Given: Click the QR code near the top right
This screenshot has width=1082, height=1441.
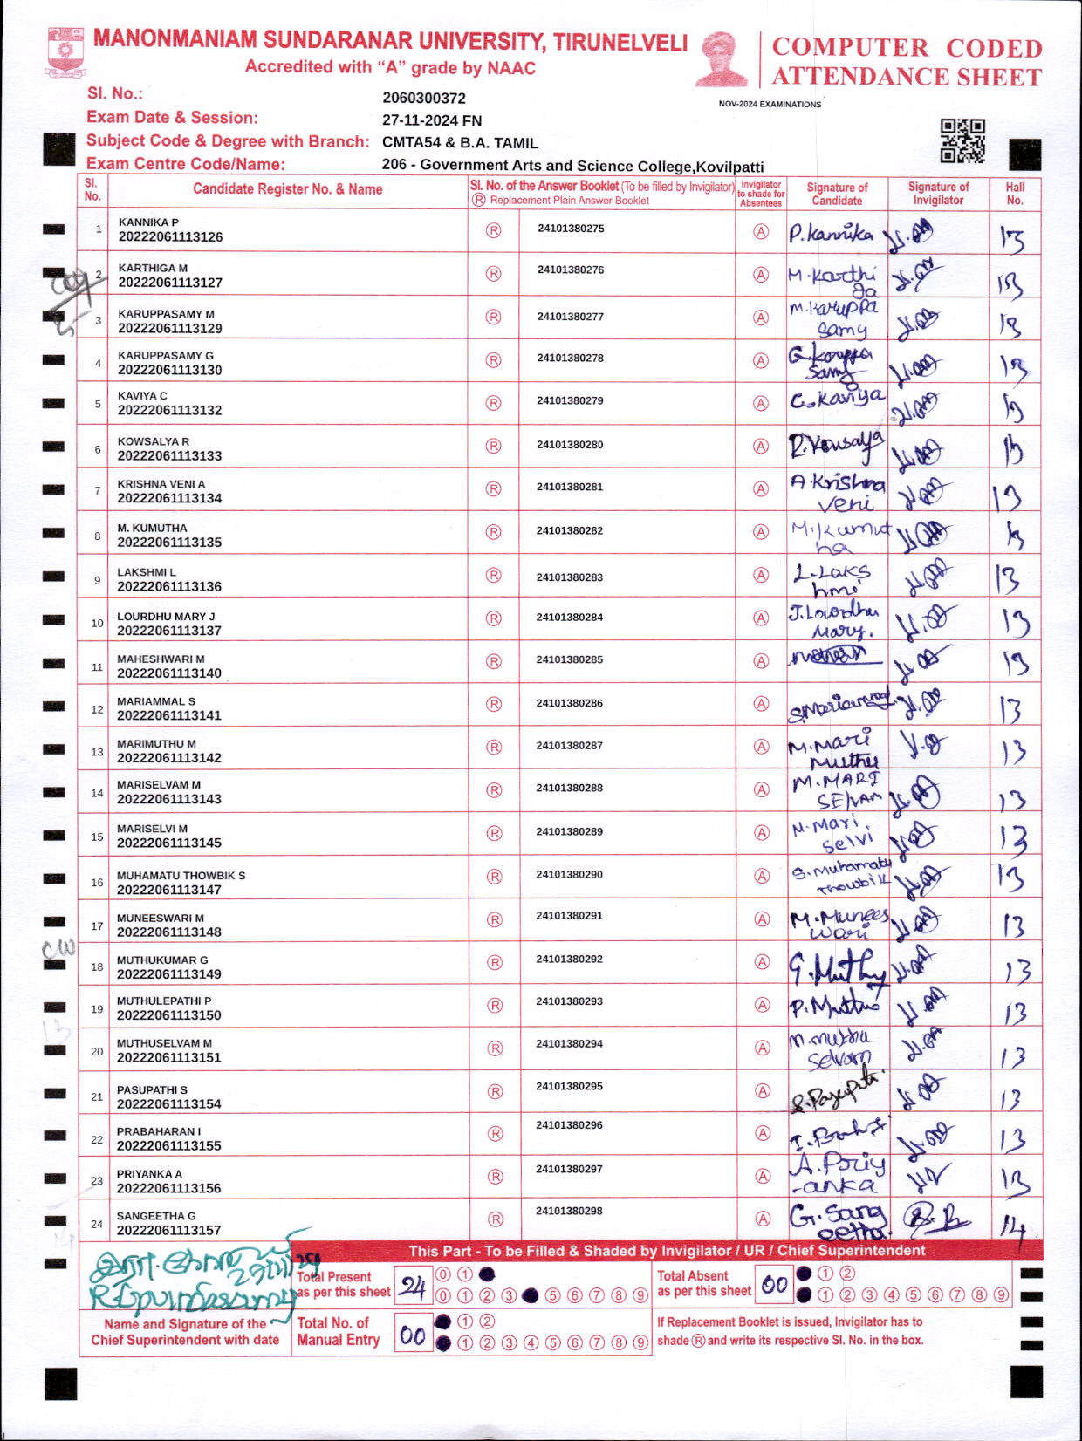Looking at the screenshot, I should [x=962, y=140].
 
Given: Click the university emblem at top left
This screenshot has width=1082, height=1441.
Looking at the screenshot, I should [x=65, y=53].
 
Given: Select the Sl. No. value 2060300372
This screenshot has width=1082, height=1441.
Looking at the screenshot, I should [x=424, y=99].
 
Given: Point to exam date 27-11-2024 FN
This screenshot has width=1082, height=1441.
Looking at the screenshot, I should [x=432, y=120].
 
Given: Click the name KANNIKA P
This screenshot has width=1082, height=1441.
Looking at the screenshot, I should [x=148, y=222].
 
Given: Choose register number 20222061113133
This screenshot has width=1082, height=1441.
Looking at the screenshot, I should [x=169, y=455].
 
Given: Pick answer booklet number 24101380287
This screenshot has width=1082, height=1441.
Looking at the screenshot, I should [x=569, y=746].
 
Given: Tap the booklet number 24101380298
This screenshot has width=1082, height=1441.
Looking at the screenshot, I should [x=569, y=1211].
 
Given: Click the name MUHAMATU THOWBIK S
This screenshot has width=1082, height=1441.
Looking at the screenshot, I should [x=181, y=875].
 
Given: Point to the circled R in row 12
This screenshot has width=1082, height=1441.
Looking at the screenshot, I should [x=494, y=704].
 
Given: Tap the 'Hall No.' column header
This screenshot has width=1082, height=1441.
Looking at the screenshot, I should [x=1015, y=194].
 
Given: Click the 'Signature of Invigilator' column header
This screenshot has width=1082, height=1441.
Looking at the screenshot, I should [x=938, y=194].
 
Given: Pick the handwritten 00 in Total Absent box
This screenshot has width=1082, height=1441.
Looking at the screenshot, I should [x=774, y=1285].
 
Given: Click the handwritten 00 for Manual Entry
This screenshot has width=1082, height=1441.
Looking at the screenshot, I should [x=413, y=1335].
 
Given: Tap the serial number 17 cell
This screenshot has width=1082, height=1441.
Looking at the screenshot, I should [x=97, y=925].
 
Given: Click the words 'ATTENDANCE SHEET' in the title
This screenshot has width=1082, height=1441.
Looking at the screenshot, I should [x=907, y=77].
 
